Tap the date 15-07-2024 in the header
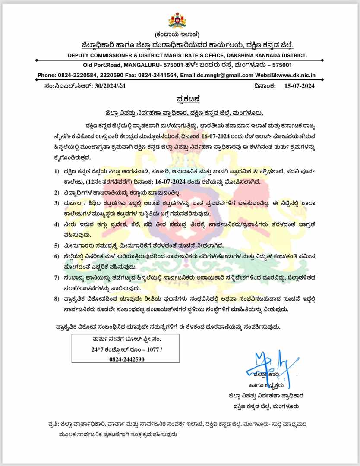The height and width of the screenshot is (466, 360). coord(300,86)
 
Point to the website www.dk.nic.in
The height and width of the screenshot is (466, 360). coord(297,75)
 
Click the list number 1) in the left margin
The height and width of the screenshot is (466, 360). coord(57,171)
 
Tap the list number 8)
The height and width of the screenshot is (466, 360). coord(57,298)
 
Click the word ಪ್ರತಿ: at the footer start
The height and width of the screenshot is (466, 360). coord(54,425)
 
